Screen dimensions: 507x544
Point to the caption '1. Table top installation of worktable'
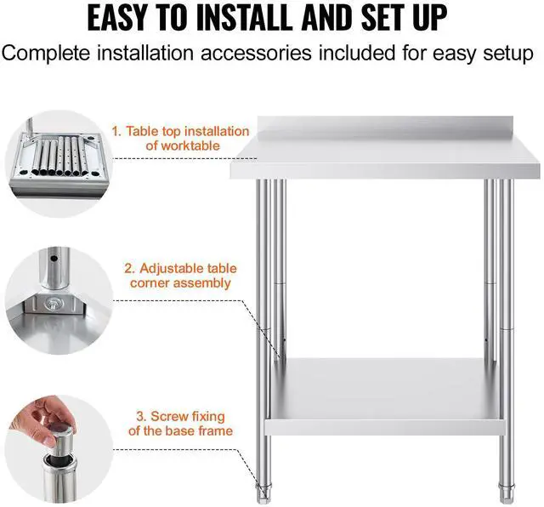point(181,138)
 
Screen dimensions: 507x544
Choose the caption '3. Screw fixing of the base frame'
point(180,423)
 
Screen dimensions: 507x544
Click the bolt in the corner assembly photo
point(52,303)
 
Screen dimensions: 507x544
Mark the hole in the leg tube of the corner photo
point(53,256)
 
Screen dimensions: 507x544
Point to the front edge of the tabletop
point(386,170)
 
